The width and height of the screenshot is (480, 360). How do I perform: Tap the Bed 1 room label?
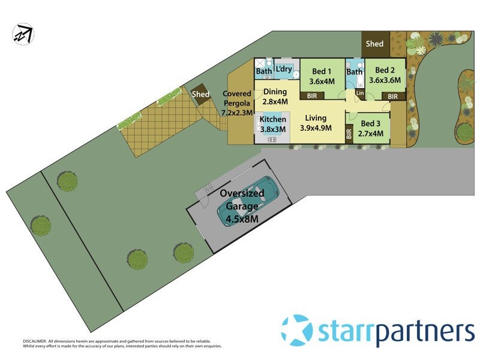pyautogui.click(x=322, y=76)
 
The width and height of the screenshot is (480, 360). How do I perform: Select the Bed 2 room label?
pyautogui.click(x=385, y=76)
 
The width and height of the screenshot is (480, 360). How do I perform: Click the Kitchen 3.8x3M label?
pyautogui.click(x=272, y=124)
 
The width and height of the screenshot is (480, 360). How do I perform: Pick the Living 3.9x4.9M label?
pyautogui.click(x=315, y=122)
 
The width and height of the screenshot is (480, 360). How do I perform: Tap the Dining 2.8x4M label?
pyautogui.click(x=275, y=96)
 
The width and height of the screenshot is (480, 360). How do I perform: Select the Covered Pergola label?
pyautogui.click(x=238, y=103)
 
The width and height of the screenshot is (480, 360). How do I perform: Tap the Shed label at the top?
pyautogui.click(x=374, y=44)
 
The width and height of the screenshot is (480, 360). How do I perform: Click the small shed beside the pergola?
pyautogui.click(x=200, y=94)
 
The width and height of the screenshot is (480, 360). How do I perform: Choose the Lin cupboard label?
pyautogui.click(x=360, y=94)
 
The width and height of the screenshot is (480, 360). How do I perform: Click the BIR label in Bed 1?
pyautogui.click(x=312, y=95)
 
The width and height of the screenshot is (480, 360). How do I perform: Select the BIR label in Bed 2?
pyautogui.click(x=392, y=96)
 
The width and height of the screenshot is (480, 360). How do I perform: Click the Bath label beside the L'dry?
pyautogui.click(x=264, y=71)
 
